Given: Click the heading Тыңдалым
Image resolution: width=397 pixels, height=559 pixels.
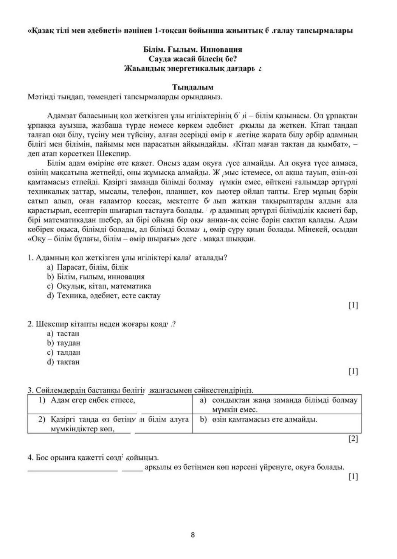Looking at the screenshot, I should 193,87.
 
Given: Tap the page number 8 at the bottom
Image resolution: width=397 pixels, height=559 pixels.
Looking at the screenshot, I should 193,535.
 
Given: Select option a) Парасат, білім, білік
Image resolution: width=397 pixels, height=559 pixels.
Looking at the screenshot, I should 88,267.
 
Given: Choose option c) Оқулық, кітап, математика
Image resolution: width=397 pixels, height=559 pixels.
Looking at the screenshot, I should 99,286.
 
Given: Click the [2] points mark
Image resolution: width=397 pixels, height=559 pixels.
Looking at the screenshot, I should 353,439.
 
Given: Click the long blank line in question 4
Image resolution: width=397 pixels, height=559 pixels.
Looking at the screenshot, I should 73,470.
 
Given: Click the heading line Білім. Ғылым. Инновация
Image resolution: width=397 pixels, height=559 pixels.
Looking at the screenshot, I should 193,49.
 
